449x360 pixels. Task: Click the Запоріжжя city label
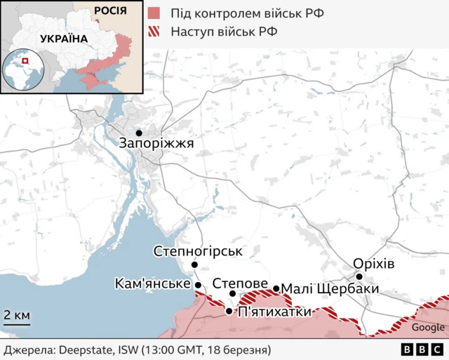[156, 144]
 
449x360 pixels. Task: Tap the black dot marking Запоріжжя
[139, 133]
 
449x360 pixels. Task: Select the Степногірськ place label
[197, 251]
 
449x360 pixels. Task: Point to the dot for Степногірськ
[195, 265]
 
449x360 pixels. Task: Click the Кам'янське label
[153, 284]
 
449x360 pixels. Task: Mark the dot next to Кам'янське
[198, 285]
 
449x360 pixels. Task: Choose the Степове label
[240, 283]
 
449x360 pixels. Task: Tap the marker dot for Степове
[233, 293]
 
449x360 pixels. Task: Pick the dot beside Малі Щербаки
[276, 288]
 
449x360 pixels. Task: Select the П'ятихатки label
[274, 312]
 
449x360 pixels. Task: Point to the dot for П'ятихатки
[229, 311]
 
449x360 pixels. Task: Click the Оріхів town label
[374, 263]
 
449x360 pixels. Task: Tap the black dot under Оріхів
[359, 276]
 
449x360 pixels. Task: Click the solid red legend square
[155, 13]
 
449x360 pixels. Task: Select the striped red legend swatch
[155, 31]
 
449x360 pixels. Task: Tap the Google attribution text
[427, 327]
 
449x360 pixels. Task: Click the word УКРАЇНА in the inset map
[64, 39]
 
